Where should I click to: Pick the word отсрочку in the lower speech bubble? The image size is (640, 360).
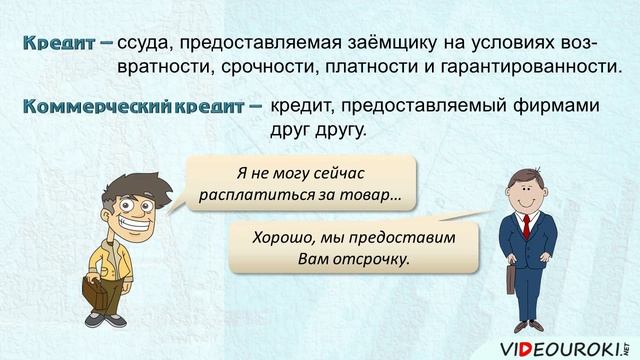pyautogui.click(x=375, y=260)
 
